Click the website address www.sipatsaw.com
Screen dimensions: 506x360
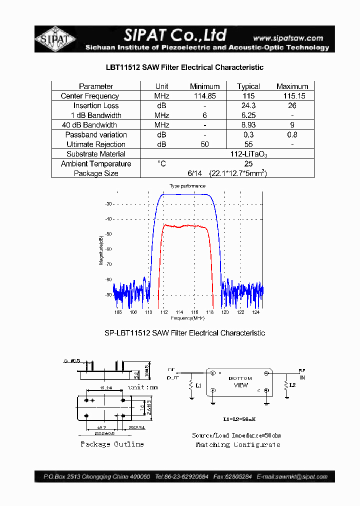(288, 38)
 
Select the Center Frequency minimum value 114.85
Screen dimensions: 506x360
(204, 96)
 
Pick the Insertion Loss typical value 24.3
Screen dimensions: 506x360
(248, 105)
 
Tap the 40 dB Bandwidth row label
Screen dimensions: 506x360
(89, 125)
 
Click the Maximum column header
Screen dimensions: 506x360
(292, 86)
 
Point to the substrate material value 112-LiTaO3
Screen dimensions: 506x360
(249, 154)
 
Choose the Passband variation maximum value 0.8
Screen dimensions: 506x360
(292, 135)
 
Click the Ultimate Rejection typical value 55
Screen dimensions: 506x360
(248, 144)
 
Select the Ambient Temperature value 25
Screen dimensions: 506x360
(248, 164)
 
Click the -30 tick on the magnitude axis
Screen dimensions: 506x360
(108, 204)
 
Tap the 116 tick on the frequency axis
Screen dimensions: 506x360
(194, 312)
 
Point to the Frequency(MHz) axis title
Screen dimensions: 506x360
(187, 318)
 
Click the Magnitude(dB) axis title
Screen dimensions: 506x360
(101, 249)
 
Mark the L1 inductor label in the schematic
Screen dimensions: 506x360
(198, 386)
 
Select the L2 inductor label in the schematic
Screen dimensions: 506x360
(293, 385)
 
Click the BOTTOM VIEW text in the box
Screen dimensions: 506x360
(240, 382)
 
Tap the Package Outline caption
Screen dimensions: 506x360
(112, 444)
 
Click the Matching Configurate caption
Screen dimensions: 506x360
(237, 444)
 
